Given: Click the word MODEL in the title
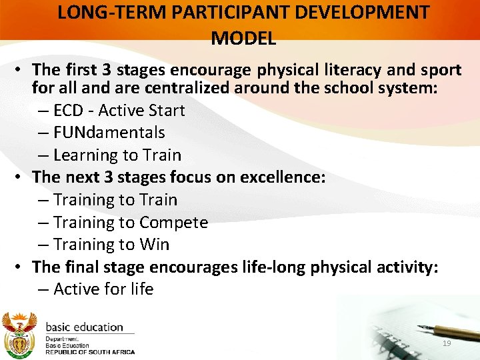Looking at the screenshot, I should [x=243, y=38].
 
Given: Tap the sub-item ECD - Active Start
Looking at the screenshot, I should [x=119, y=110].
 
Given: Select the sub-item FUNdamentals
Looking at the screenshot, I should [x=109, y=133].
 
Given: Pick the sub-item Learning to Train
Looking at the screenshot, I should [x=117, y=155].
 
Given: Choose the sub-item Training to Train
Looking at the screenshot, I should [x=115, y=200].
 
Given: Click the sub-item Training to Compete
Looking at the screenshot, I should [x=130, y=223].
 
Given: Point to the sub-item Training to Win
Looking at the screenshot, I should [x=111, y=245].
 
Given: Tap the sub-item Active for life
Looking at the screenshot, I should [x=103, y=289].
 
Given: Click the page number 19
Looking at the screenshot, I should [x=447, y=343].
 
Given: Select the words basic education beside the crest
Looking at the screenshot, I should [x=84, y=327].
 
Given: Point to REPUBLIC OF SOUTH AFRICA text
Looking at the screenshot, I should [x=89, y=352].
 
